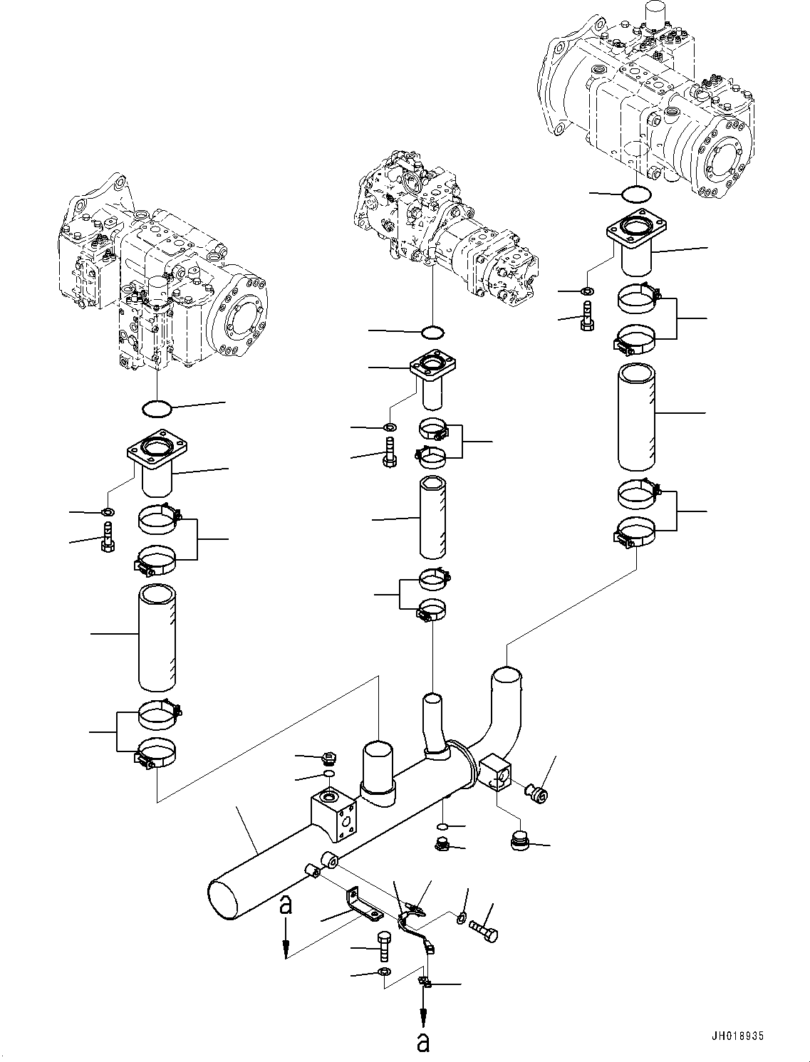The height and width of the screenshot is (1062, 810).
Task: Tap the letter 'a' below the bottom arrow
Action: tap(424, 1042)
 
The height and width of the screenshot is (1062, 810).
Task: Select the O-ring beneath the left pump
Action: tap(157, 409)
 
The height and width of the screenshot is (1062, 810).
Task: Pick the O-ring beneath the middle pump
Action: tap(432, 332)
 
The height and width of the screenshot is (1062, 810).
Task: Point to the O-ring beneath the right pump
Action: tap(635, 194)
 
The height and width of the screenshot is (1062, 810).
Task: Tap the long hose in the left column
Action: tap(157, 637)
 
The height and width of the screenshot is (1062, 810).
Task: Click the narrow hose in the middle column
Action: tap(432, 518)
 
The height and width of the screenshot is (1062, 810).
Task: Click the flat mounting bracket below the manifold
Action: tap(363, 903)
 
